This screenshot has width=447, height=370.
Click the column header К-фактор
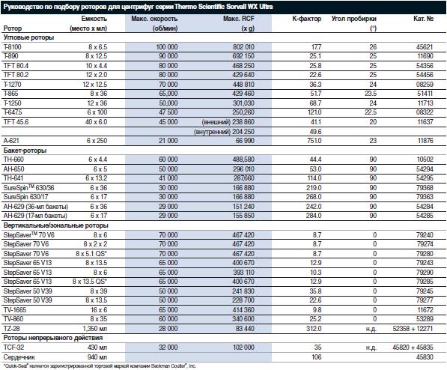(307, 19)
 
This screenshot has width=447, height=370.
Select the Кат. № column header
(423, 19)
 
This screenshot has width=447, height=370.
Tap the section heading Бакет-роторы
(25, 151)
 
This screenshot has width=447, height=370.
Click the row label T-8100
(13, 46)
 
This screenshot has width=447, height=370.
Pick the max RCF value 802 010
(243, 46)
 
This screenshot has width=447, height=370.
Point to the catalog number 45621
(425, 46)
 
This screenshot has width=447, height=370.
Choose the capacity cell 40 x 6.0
(97, 122)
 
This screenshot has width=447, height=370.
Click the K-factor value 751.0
(314, 141)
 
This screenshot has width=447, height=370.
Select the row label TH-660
(13, 160)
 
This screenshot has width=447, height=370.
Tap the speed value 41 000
(168, 178)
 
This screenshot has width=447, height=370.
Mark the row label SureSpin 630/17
(26, 197)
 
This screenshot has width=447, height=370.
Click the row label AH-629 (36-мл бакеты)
(36, 206)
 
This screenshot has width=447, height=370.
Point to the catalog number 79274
(425, 244)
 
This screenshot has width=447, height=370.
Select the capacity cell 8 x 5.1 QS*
(91, 254)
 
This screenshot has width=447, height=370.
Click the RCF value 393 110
(243, 272)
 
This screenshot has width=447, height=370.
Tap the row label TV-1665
(14, 310)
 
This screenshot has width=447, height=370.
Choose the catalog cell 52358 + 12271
(413, 329)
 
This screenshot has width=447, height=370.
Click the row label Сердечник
(19, 357)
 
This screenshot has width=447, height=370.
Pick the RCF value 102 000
(243, 348)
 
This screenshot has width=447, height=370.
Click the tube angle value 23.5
(371, 94)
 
